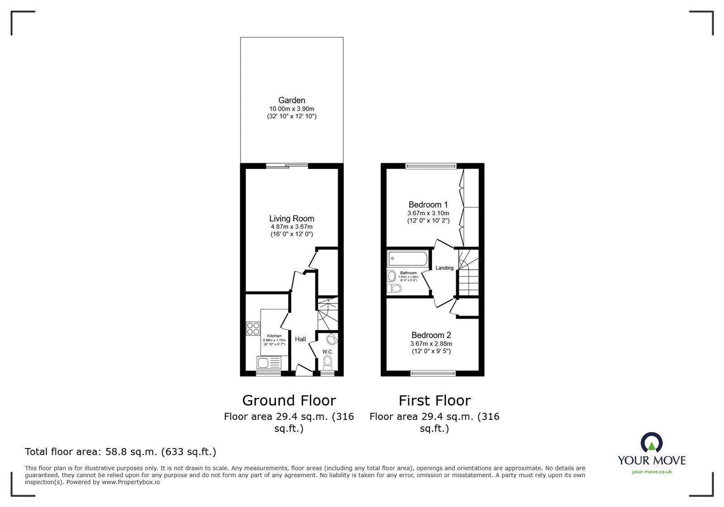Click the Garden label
coord(291,101)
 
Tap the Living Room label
coord(291,218)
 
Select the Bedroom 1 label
coord(428,204)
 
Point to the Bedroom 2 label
coord(431,335)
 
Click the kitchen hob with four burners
coord(253,328)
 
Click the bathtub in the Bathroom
coord(408,259)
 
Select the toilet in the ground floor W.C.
coord(328,362)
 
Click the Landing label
coord(444,268)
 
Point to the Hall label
coord(300,339)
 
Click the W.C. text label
coord(328,352)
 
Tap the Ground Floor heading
coord(289,401)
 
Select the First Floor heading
coord(434,401)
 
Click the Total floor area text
coord(120,452)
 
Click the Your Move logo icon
coord(652,443)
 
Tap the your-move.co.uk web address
coord(652,472)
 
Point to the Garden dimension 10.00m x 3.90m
coord(291,109)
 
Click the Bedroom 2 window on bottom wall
coord(433,373)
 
